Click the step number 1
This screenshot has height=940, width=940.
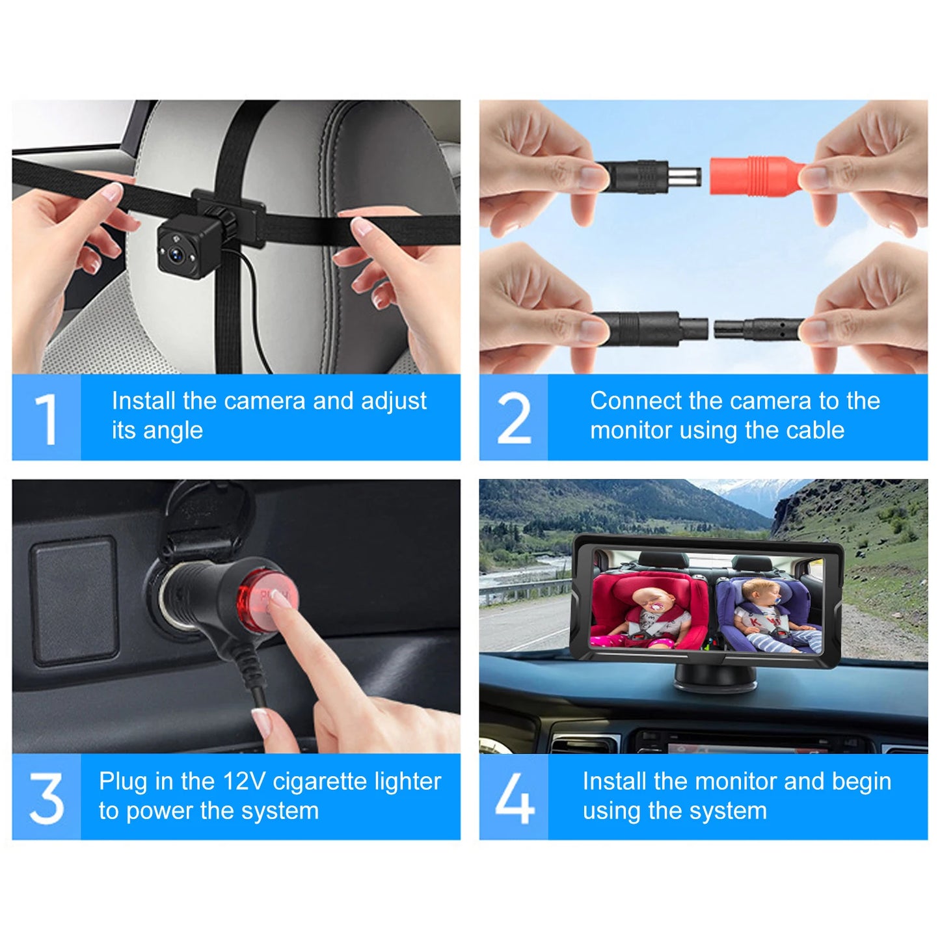(46, 418)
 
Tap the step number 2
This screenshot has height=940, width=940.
(514, 418)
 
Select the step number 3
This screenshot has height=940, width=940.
(46, 798)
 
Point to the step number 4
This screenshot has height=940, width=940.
(514, 798)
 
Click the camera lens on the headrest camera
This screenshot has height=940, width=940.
(175, 254)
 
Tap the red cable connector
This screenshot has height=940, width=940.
(755, 176)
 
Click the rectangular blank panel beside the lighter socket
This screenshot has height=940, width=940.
(75, 600)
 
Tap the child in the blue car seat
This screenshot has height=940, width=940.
(768, 608)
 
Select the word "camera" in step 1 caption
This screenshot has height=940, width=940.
(263, 401)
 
